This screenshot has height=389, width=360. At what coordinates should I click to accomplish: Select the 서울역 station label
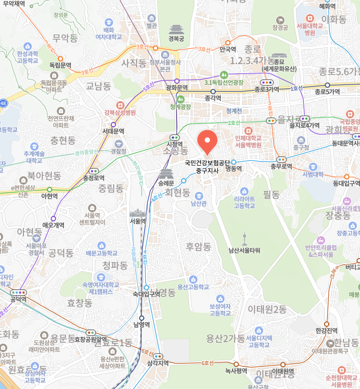(x=138, y=221)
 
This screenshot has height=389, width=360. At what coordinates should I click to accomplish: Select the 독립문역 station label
(x=60, y=65)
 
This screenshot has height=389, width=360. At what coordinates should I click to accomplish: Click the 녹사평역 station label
(x=235, y=371)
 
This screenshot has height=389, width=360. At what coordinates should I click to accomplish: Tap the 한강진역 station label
(x=327, y=331)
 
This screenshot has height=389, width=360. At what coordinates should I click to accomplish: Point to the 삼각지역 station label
(x=158, y=363)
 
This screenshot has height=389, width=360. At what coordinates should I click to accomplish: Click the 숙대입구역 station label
(x=146, y=294)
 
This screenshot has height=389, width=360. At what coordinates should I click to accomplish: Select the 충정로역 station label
(x=94, y=177)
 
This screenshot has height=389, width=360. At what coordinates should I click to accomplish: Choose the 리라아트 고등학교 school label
(x=244, y=202)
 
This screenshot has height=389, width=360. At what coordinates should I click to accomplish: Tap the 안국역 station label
(x=228, y=50)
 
